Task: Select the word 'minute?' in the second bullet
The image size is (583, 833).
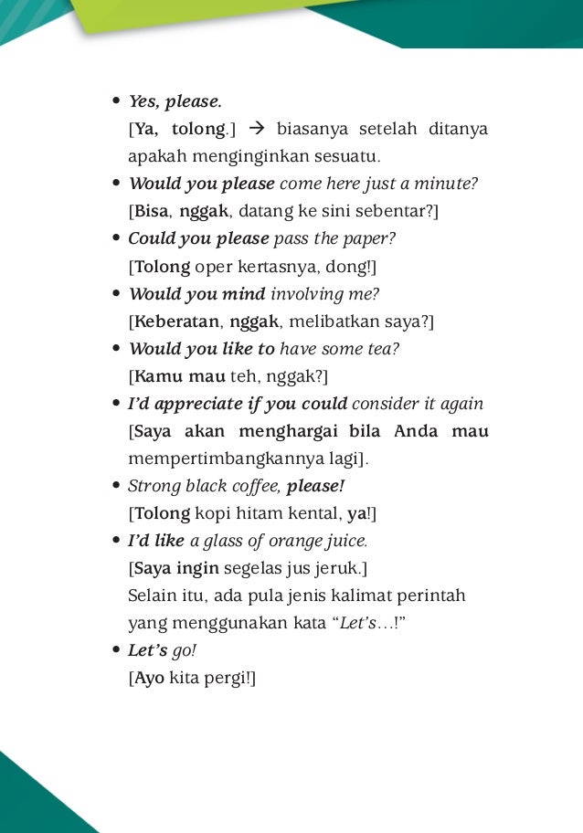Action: (448, 184)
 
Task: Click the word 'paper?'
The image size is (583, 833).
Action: (371, 238)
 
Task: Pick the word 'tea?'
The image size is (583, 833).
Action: (383, 348)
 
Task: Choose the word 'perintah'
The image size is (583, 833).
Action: (436, 596)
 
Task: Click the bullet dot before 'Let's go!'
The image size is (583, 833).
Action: (116, 651)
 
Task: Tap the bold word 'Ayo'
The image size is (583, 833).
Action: (149, 679)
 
